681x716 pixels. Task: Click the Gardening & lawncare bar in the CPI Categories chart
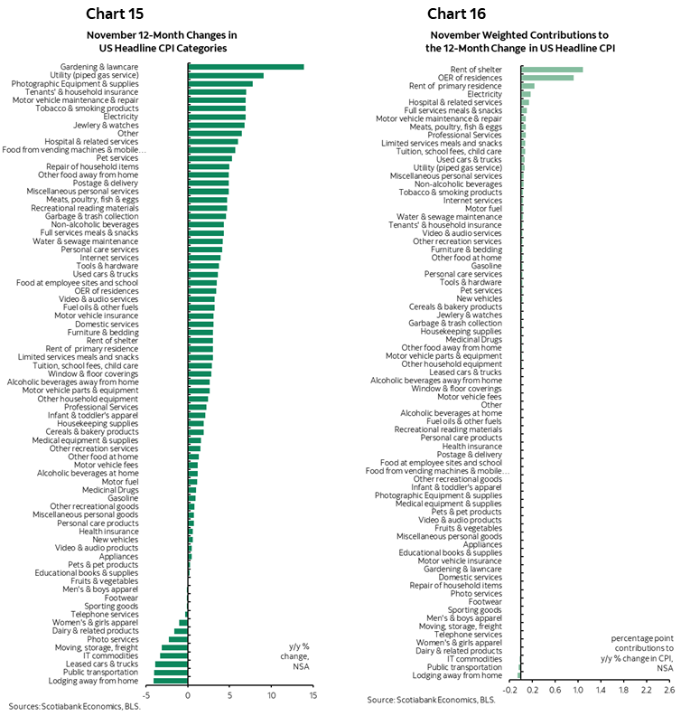[246, 67]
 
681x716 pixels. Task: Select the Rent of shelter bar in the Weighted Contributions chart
[552, 69]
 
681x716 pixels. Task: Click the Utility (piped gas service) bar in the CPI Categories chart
[226, 75]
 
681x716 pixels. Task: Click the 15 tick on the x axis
[313, 696]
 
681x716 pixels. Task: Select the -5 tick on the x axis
[145, 696]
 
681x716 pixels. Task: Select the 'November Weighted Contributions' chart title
[518, 42]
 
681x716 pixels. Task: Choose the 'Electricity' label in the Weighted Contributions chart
[484, 94]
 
